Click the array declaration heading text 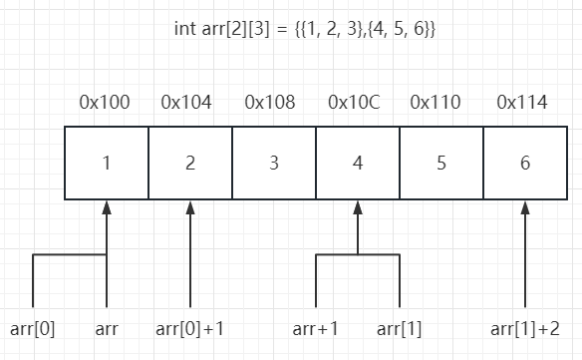[x=304, y=29]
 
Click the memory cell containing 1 [x=107, y=163]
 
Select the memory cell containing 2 [x=190, y=163]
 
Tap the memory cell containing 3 [x=274, y=163]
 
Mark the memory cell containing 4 [x=358, y=163]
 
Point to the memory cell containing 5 [x=441, y=163]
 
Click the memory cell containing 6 [x=525, y=163]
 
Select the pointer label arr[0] [x=32, y=328]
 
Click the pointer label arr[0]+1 [x=190, y=328]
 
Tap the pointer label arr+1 [x=315, y=328]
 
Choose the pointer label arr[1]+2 [x=525, y=328]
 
